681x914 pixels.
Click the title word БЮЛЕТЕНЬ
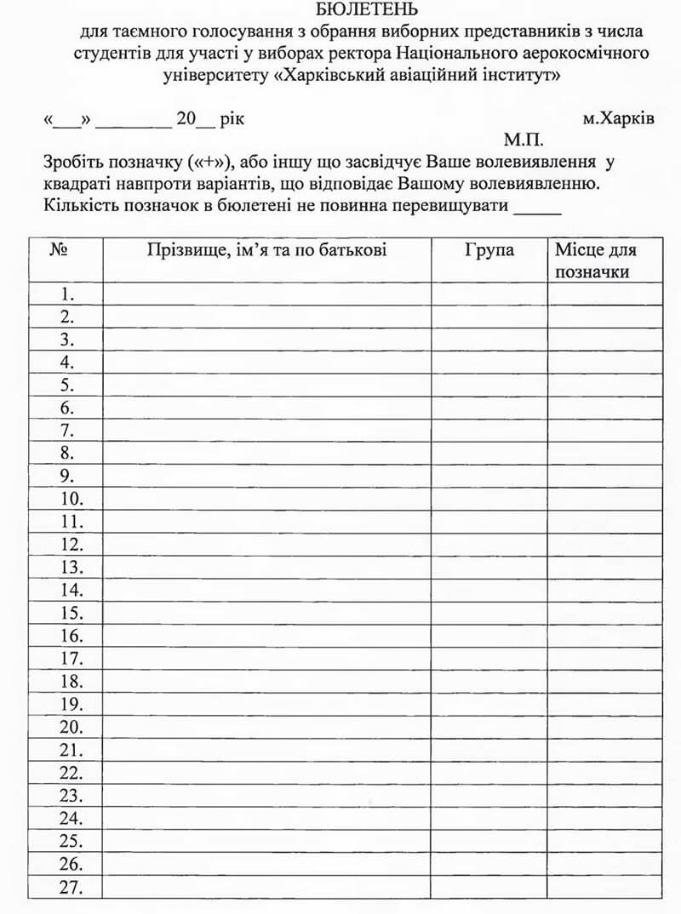click(367, 10)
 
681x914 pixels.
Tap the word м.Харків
click(619, 118)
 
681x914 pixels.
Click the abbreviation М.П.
click(523, 140)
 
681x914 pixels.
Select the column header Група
click(489, 250)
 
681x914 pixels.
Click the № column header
click(60, 250)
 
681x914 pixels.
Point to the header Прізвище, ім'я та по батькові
click(266, 250)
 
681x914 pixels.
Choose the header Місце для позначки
click(596, 260)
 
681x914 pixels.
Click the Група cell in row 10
click(489, 499)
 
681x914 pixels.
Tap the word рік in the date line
click(232, 119)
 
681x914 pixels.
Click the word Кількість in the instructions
click(76, 206)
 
